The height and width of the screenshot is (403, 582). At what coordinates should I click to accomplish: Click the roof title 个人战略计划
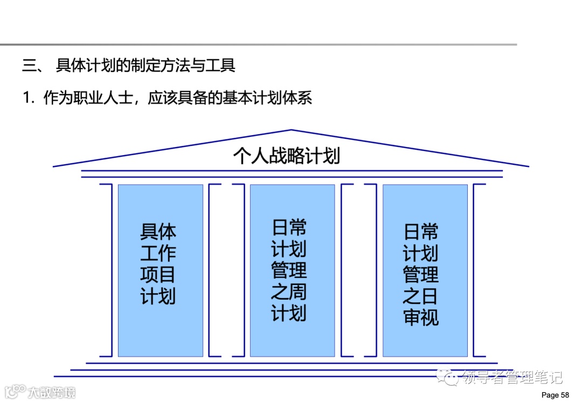point(286,156)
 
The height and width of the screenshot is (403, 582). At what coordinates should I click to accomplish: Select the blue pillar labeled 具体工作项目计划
point(160,270)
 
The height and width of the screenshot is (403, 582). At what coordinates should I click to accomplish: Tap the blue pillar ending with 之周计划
point(292,270)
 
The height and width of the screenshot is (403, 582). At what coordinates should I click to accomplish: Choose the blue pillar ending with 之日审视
point(425,270)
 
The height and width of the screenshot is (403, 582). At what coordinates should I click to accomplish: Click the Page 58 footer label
point(555,395)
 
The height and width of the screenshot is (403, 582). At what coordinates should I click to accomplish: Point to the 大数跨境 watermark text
point(52,391)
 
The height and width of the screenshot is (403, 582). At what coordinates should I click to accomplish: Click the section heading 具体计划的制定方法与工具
point(145,66)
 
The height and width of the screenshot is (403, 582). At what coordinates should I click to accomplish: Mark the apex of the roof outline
point(291,130)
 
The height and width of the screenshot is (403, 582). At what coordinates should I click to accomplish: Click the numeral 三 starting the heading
point(29,66)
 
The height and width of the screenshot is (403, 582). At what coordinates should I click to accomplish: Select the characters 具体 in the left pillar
point(158,232)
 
